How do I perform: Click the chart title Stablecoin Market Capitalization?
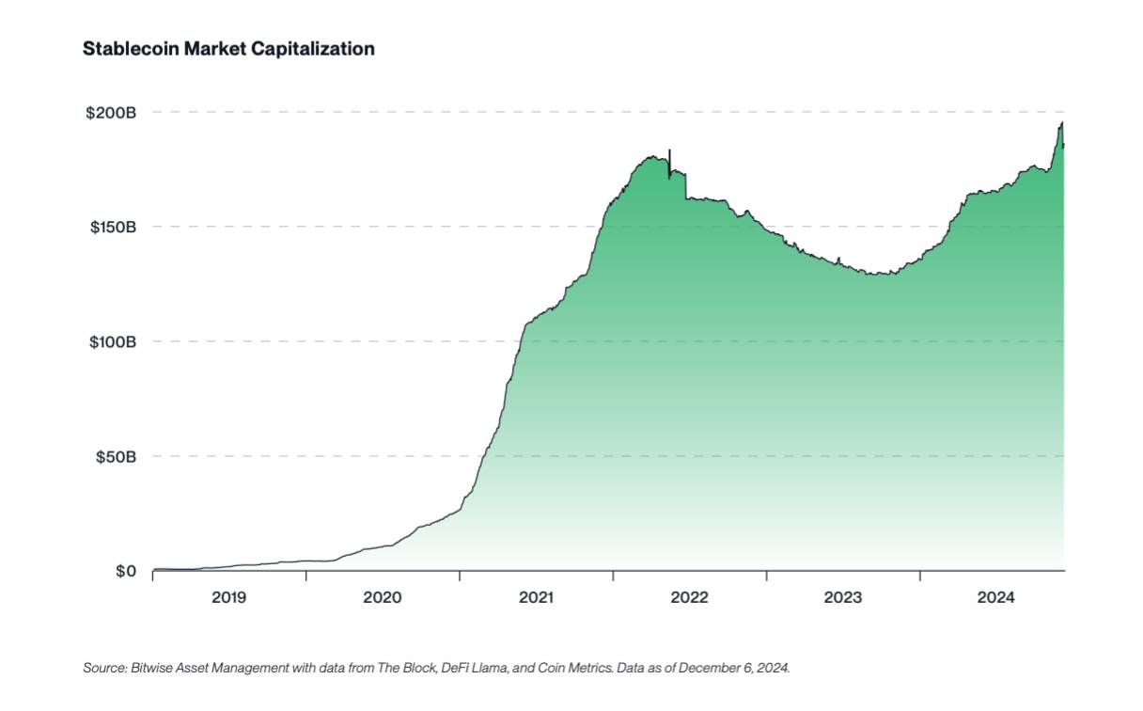coord(229,49)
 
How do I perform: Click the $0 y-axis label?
coord(126,572)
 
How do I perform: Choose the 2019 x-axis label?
coord(229,597)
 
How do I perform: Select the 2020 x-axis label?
coord(383,597)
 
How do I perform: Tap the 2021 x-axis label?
coord(536,597)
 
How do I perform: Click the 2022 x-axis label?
coord(689,597)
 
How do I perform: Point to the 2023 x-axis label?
coord(842,597)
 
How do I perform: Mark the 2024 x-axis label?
coord(995,597)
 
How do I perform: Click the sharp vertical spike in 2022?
coord(669,152)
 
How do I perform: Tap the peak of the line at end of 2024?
coord(1062,122)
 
